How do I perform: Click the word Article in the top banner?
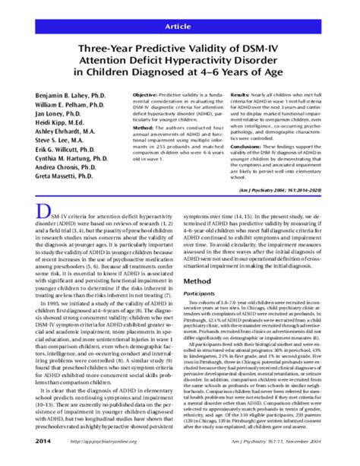[x=179, y=26]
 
